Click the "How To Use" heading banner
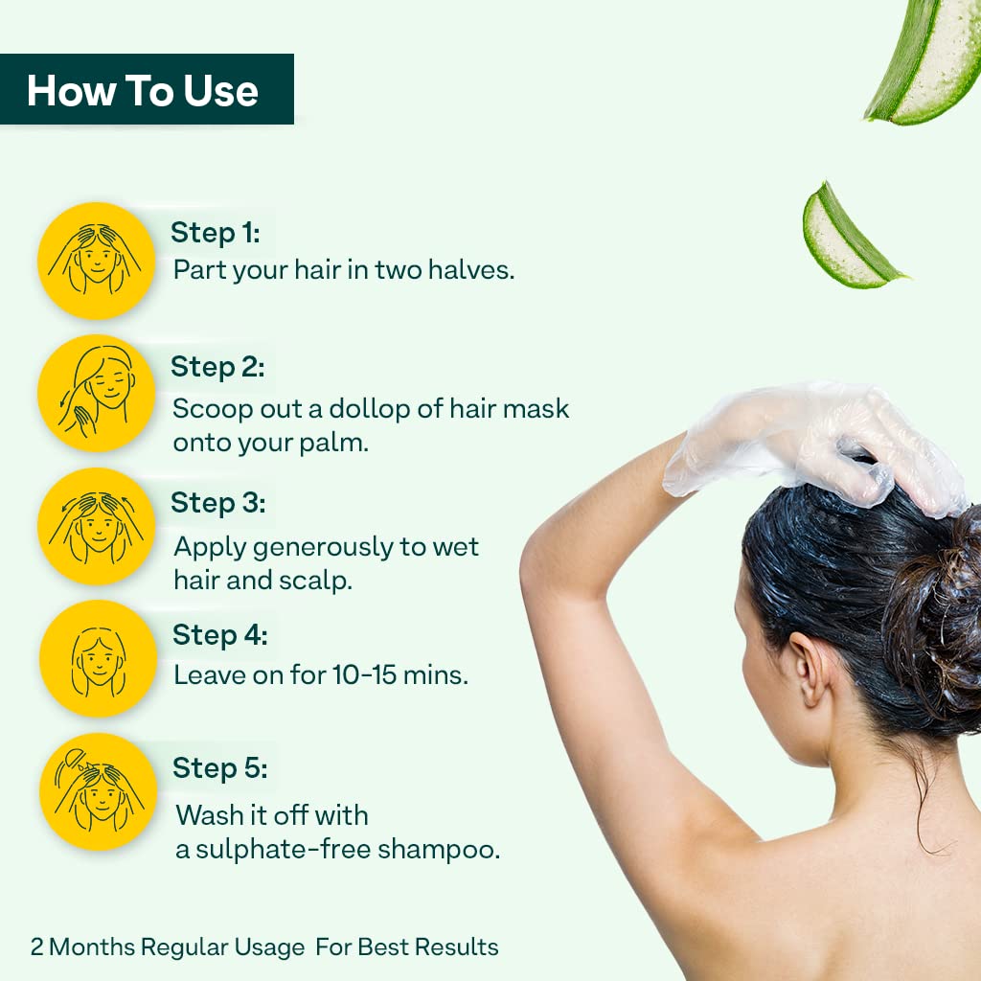click(147, 89)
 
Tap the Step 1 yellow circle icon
click(97, 261)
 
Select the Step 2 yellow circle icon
click(97, 394)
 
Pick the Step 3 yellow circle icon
click(97, 527)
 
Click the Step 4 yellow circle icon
click(98, 659)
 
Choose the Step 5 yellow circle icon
click(98, 792)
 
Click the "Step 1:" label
click(216, 234)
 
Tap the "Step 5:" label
click(220, 769)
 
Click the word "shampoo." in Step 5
click(439, 851)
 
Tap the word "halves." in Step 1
click(471, 270)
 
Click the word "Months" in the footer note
click(91, 947)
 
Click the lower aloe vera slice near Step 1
click(849, 238)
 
